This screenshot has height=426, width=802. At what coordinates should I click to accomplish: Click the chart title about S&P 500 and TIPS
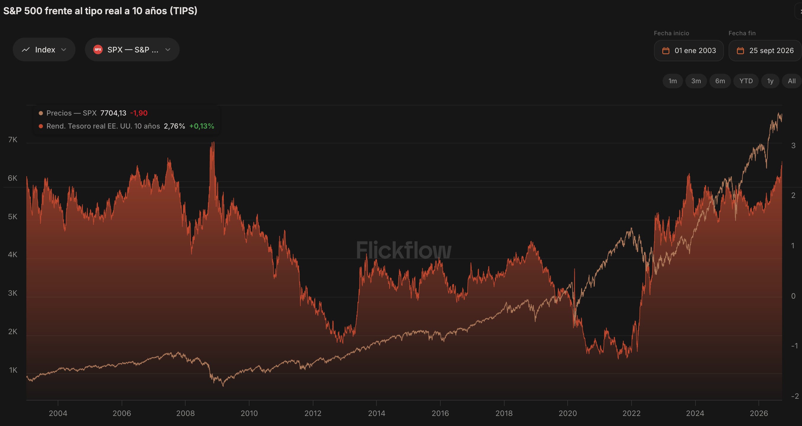coord(100,11)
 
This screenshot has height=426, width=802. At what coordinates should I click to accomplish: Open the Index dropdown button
coord(44,49)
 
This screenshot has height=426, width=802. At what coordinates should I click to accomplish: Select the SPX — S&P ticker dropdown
coord(132,49)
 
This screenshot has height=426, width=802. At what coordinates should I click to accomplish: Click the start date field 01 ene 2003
coord(689,50)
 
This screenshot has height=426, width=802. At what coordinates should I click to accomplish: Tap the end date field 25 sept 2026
coord(765,50)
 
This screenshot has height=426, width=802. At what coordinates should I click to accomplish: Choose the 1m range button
coord(672,81)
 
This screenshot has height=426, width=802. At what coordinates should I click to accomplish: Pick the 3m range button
coord(696,81)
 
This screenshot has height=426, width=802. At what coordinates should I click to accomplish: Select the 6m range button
coord(720,81)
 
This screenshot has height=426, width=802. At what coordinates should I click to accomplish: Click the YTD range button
coord(746,81)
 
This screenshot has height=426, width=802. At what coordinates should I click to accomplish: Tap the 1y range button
coord(770,81)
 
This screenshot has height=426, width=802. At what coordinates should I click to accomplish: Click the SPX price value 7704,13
coord(113,113)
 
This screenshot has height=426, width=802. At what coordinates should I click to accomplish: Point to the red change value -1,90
coord(139,113)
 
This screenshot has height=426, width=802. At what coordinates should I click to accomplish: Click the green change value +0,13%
coord(202,126)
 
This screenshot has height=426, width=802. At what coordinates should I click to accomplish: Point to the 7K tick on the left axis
coord(13,140)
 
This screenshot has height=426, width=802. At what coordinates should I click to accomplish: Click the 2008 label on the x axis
coord(185,413)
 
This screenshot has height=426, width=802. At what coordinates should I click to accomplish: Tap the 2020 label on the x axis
coord(568,413)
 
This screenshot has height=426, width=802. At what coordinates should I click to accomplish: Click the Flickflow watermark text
coord(404,250)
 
